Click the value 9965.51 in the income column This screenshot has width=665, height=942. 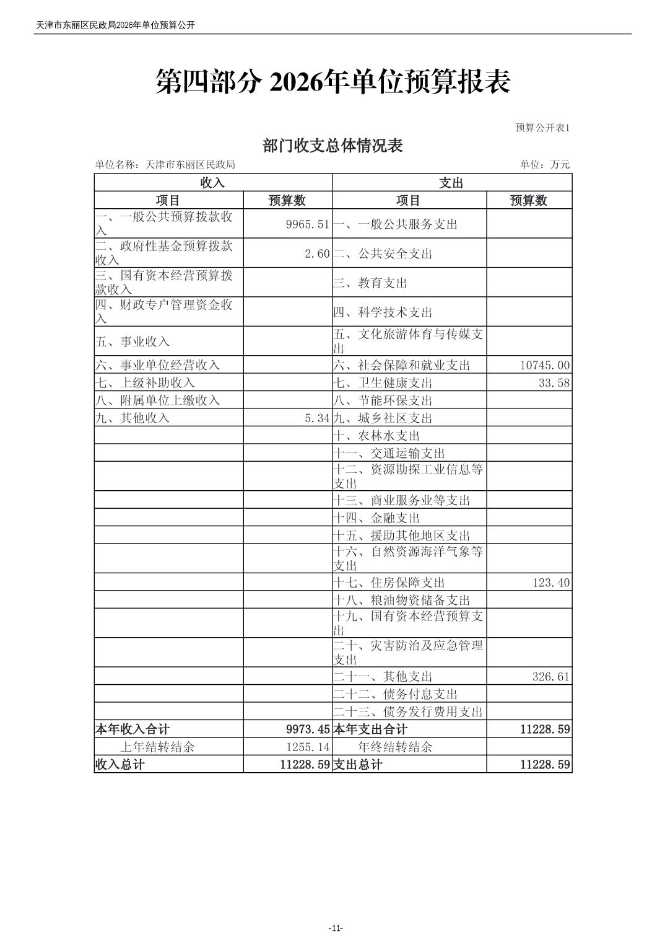308,224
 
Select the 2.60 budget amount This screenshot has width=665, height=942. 317,253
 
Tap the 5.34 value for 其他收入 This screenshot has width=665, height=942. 317,418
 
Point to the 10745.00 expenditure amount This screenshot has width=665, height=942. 545,366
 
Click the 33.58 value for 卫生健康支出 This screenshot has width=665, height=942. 554,383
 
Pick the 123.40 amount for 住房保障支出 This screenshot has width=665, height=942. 551,583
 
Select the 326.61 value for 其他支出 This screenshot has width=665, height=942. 551,677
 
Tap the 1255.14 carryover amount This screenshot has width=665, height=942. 308,747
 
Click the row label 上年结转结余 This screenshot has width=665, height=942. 157,747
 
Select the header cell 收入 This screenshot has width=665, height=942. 212,183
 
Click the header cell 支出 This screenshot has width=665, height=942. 451,183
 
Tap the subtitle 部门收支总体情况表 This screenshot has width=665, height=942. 332,146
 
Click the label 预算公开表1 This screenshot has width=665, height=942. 542,128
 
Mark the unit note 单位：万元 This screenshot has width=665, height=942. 545,164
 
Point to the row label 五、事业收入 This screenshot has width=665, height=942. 132,341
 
